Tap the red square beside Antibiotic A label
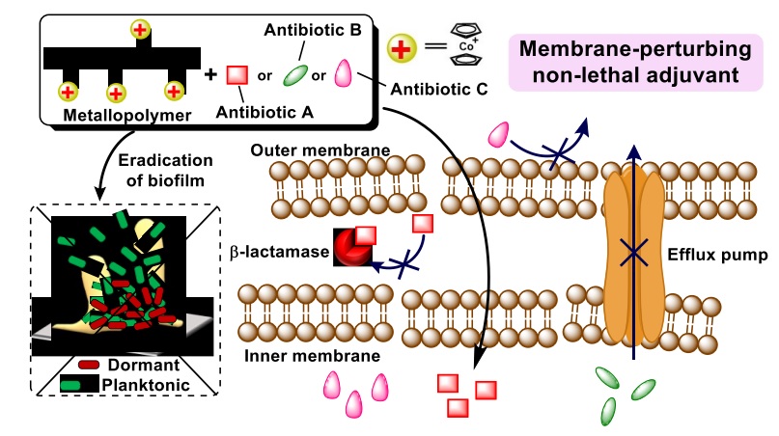[x=236, y=74]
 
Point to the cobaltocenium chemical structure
[x=468, y=48]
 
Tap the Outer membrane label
[x=307, y=150]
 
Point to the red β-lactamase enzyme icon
[x=351, y=247]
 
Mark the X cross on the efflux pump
[x=633, y=254]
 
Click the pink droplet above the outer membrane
[x=501, y=135]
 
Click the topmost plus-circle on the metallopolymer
[x=141, y=30]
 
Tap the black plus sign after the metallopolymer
[x=211, y=74]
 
